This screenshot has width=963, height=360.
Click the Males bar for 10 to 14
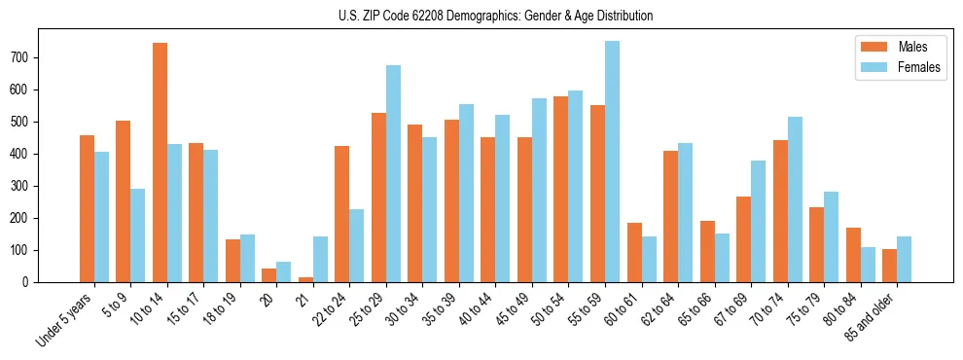(160, 162)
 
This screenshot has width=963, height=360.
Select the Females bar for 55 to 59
(612, 162)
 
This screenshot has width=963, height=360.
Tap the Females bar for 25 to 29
(393, 173)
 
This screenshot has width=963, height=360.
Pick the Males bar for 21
(305, 279)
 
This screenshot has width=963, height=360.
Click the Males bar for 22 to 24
(342, 214)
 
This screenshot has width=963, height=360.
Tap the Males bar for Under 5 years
(87, 208)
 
